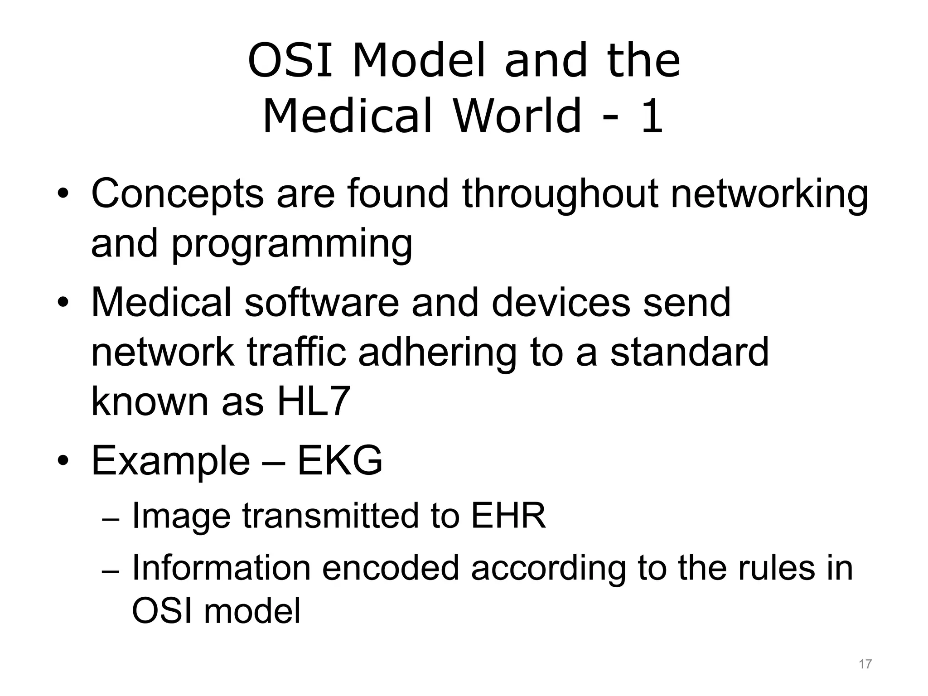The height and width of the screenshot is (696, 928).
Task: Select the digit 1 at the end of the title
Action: [652, 117]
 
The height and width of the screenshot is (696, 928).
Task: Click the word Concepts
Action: [177, 194]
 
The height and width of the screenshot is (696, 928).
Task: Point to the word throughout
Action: [560, 194]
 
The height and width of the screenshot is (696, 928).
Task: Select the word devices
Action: [561, 302]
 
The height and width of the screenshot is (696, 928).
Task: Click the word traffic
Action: [297, 352]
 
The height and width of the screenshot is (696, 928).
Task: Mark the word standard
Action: [689, 352]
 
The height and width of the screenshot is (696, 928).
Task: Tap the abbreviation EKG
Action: [340, 461]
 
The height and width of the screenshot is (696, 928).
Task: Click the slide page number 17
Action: [865, 664]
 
